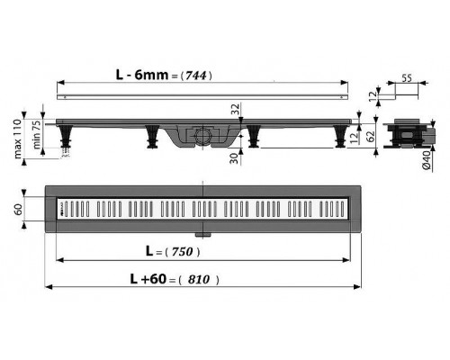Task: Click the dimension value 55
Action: [x=408, y=78]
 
